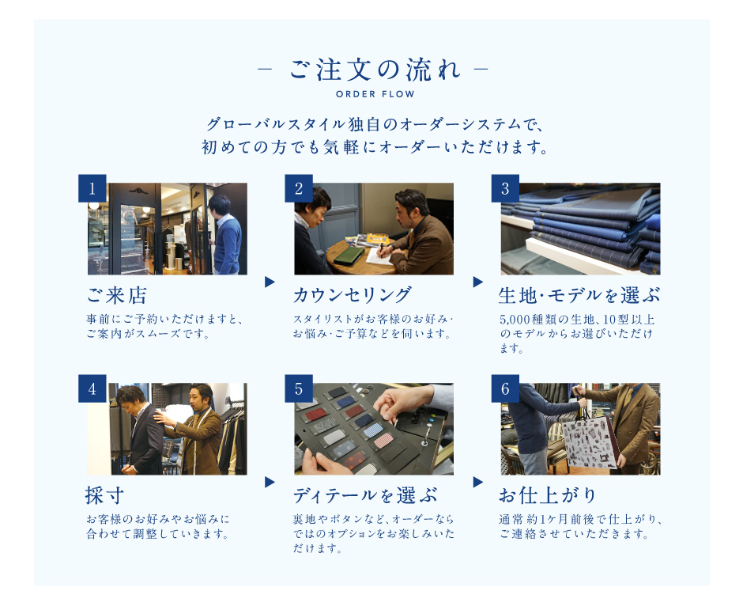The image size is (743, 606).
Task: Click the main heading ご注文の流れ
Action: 375,70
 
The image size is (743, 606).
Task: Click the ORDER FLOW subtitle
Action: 375,94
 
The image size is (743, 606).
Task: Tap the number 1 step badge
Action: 92,188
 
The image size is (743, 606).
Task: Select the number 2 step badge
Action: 299,188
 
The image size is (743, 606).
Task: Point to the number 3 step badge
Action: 505,188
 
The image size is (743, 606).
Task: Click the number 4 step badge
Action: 92,388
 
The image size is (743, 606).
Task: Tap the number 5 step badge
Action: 299,388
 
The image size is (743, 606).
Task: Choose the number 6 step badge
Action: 505,388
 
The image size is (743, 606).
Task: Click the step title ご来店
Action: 116,295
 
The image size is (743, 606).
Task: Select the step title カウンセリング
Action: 353,295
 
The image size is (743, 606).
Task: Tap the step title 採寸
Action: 104,495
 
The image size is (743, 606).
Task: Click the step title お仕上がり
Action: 548,495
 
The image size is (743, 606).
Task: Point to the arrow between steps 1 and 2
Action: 270,282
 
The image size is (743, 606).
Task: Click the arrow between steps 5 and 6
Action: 477,483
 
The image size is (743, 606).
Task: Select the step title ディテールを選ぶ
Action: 365,495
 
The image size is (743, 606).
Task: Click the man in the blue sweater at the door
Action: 224,234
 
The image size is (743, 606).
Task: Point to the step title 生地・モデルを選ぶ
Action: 579,295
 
